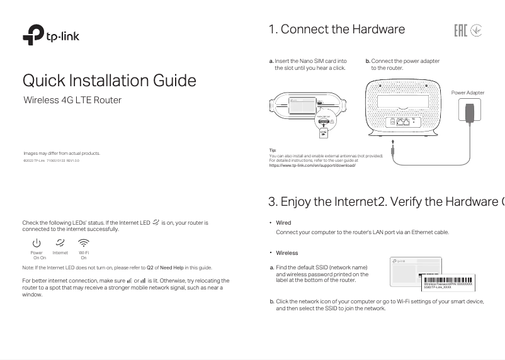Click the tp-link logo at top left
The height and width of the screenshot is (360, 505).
51,36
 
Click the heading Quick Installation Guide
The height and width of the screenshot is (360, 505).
110,81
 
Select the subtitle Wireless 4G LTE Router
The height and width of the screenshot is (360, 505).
72,100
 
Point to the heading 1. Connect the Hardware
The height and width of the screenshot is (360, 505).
336,30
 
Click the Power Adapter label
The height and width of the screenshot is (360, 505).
468,93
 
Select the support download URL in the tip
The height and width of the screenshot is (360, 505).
312,165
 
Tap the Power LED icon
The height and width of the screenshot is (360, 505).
37,242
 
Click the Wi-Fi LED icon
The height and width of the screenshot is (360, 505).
84,242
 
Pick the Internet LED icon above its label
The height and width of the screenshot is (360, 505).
60,242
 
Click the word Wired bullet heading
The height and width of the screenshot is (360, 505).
283,223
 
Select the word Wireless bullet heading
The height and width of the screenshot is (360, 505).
287,253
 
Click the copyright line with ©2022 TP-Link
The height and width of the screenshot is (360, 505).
51,160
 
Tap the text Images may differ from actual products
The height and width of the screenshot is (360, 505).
62,153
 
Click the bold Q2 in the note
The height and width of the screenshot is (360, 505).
150,267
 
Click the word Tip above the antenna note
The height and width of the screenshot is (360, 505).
273,150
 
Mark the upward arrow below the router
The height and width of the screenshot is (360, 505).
392,142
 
